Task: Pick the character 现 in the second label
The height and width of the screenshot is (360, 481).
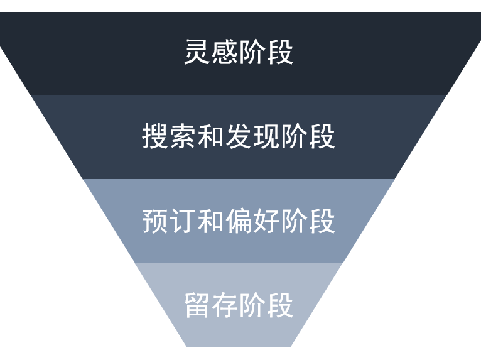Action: tap(267, 136)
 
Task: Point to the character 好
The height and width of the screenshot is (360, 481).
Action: tap(267, 221)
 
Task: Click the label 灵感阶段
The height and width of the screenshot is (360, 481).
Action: tap(239, 52)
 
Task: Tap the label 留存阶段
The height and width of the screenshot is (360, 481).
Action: tap(239, 305)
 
